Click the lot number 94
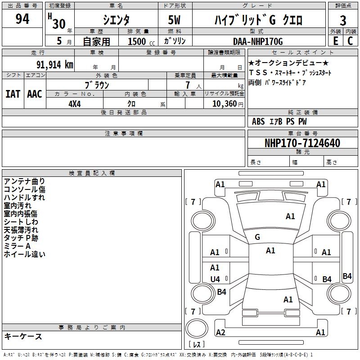click(x=22, y=19)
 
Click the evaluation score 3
click(x=343, y=21)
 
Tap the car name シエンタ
click(x=117, y=20)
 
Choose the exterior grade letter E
click(x=335, y=41)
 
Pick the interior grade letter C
click(x=350, y=41)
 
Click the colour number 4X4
click(x=74, y=103)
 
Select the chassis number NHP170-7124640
click(x=302, y=144)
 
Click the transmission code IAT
click(x=13, y=94)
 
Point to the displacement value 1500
click(x=137, y=41)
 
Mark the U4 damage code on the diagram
click(x=215, y=279)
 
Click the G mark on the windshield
click(x=257, y=237)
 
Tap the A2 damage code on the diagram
click(x=220, y=333)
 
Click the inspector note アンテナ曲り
click(x=24, y=181)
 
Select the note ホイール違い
click(x=24, y=254)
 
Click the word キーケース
click(x=23, y=336)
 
